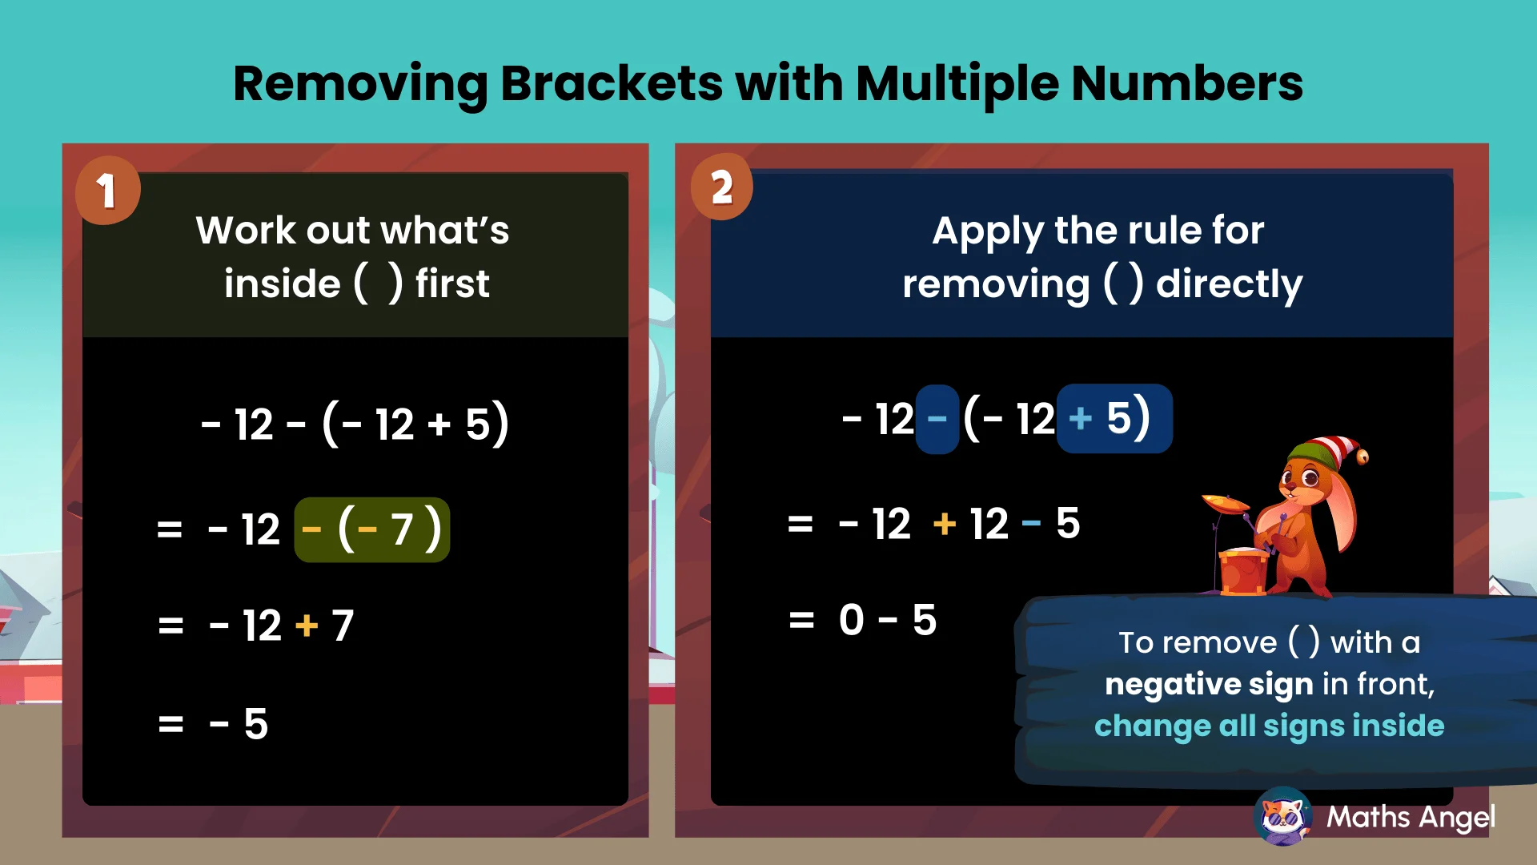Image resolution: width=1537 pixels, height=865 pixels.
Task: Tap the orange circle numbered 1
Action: tap(107, 191)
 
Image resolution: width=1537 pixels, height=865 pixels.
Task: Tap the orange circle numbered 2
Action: tap(721, 187)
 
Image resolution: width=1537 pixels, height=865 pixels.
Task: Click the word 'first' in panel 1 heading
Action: tap(451, 284)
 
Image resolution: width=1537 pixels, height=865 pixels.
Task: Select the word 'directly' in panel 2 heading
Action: tap(1229, 284)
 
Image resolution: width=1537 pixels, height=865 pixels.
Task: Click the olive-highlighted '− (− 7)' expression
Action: tap(372, 529)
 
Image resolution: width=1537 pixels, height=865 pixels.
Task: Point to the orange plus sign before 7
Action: tap(307, 625)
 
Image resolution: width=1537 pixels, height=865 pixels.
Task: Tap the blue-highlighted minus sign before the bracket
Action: tap(937, 419)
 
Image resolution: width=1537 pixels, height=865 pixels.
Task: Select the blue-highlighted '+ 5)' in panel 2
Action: tap(1114, 419)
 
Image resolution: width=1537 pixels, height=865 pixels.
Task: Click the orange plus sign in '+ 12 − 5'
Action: tap(945, 525)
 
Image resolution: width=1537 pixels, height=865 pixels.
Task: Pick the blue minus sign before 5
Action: tap(1031, 525)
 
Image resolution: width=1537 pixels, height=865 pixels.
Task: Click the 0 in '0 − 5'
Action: tap(852, 620)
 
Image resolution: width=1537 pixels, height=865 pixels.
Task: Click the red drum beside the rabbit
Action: tap(1242, 571)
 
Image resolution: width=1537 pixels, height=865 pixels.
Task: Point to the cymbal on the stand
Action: tap(1225, 503)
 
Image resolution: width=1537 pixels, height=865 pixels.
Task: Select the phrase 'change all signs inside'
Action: tap(1269, 726)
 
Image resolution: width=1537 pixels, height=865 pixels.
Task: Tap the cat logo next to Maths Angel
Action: tap(1283, 816)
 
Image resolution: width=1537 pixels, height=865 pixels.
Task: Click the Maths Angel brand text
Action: tap(1411, 817)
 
